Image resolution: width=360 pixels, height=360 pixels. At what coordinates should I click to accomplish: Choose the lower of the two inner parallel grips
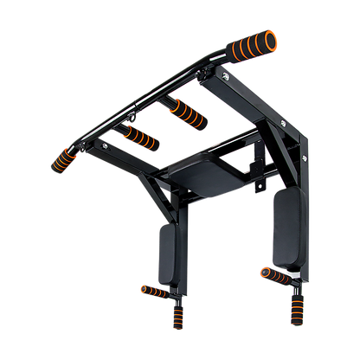[139, 137]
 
